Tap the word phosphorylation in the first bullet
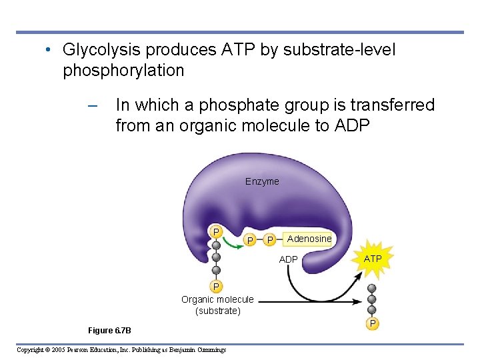coord(123,70)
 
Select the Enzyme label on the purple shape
coord(262,181)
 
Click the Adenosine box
coord(309,239)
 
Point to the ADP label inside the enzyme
coord(288,259)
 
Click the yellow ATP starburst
coord(373,258)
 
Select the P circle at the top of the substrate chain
coord(216,231)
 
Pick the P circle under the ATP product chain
coord(373,323)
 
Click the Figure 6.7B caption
coord(109,330)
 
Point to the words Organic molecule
coord(217,299)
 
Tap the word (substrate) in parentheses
coord(217,311)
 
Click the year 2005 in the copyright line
coord(57,350)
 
